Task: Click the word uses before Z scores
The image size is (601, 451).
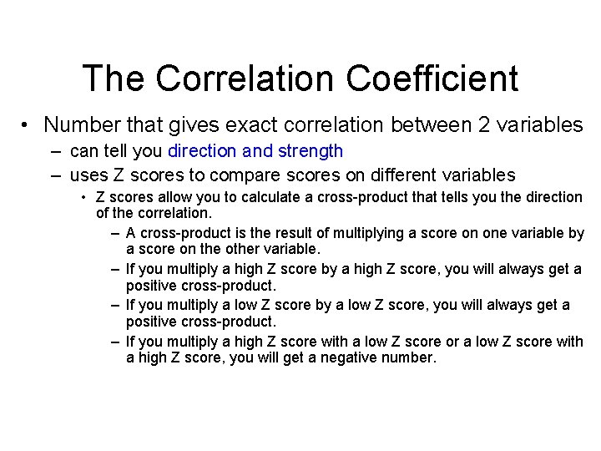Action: [88, 175]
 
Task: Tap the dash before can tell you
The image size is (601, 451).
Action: [55, 151]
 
